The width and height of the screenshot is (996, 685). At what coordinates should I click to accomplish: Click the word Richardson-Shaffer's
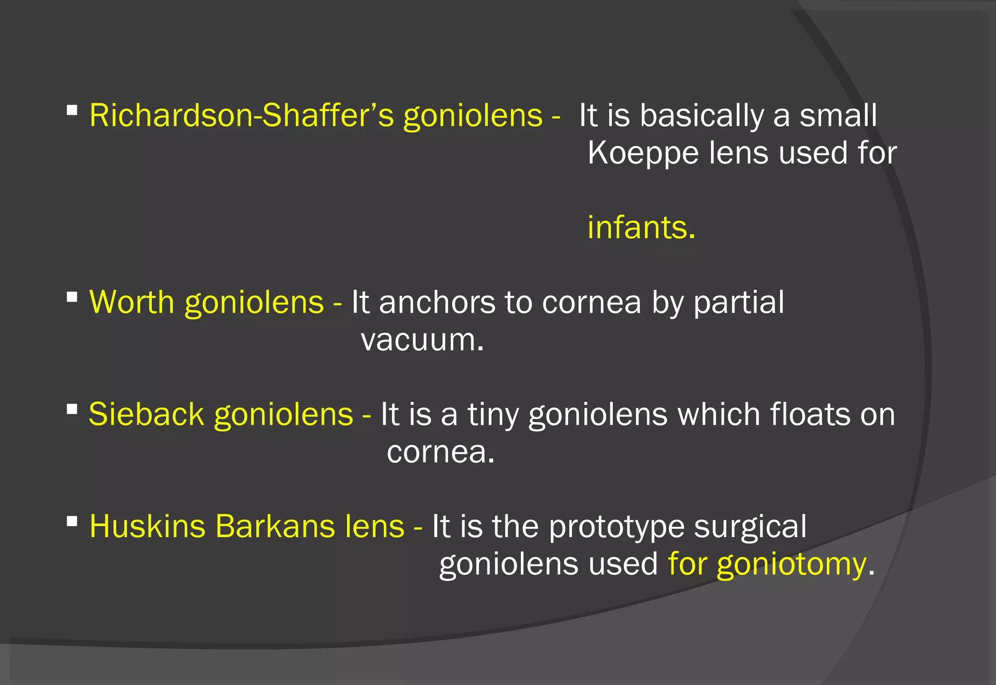coord(242,116)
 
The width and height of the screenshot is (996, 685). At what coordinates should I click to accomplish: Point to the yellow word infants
coord(641,228)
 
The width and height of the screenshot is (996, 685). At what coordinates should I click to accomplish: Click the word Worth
coord(131,302)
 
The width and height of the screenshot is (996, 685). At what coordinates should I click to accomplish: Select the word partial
coord(738,302)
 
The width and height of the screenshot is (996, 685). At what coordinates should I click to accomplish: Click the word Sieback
coord(146,415)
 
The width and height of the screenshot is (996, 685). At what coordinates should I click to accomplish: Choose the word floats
coord(810,415)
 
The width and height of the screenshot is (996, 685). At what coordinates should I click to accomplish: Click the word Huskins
coord(147,526)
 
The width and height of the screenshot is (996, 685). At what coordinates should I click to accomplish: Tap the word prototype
coord(616,527)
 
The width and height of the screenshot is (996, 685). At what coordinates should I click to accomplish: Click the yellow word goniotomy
coord(791,565)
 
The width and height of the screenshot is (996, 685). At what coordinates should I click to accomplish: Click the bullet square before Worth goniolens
coord(72,297)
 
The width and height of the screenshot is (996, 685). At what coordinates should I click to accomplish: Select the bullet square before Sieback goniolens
coord(72,409)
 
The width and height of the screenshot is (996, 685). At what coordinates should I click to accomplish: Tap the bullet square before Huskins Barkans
coord(72,522)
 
